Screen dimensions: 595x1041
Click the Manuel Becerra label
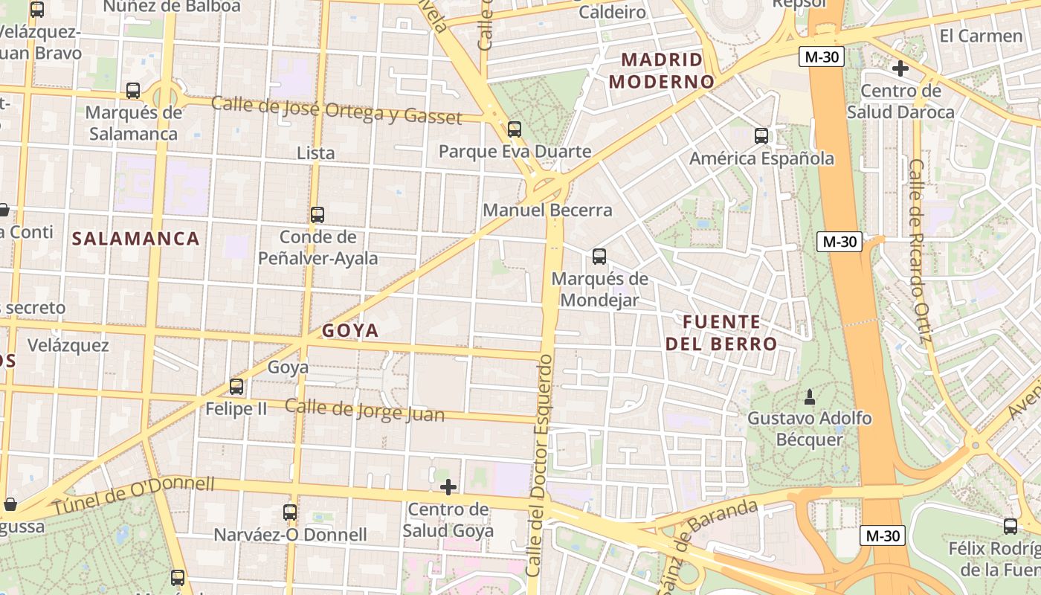pos(547,210)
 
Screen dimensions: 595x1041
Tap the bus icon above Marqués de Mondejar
pos(599,257)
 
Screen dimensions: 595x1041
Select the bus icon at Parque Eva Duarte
pos(515,129)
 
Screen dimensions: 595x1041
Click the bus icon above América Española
pos(761,136)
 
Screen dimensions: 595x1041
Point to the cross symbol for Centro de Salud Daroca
pos(900,69)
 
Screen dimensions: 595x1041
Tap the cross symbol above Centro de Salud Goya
pos(448,488)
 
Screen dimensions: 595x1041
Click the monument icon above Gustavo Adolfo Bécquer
pos(810,396)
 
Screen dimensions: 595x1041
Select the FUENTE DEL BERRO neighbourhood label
pos(721,333)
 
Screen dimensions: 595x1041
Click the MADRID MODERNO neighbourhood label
pos(662,70)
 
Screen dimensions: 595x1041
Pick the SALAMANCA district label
pos(136,239)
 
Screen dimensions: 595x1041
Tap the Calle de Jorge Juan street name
pos(364,411)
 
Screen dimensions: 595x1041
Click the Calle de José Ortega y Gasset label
pos(336,110)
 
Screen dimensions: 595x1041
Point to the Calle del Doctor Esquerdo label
pos(539,466)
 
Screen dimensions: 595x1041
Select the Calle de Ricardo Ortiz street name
pos(921,251)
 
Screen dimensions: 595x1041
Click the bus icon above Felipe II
pos(236,387)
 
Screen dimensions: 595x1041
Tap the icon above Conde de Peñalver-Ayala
pos(318,215)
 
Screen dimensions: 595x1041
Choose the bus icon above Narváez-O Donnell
pos(290,512)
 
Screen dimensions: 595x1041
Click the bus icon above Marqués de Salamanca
pos(133,91)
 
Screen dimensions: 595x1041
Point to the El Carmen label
pos(981,36)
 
